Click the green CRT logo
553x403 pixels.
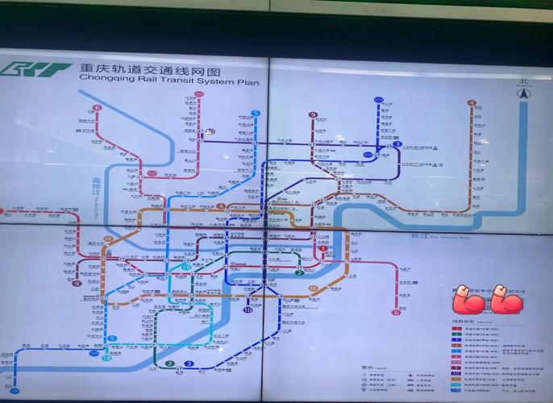tap(36, 69)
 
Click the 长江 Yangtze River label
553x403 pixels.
tap(418, 235)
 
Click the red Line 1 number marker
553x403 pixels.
tap(323, 249)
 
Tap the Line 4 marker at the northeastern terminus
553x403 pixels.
tap(472, 103)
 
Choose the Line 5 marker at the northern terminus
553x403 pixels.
tap(256, 114)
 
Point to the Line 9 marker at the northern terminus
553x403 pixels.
tap(313, 115)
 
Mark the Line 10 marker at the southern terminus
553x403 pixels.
tap(247, 309)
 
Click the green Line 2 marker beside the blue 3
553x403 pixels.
tap(170, 364)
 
